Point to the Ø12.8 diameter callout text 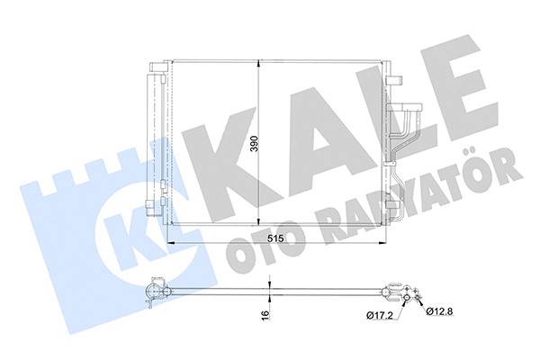coord(439,310)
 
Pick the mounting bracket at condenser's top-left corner coord(157,67)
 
